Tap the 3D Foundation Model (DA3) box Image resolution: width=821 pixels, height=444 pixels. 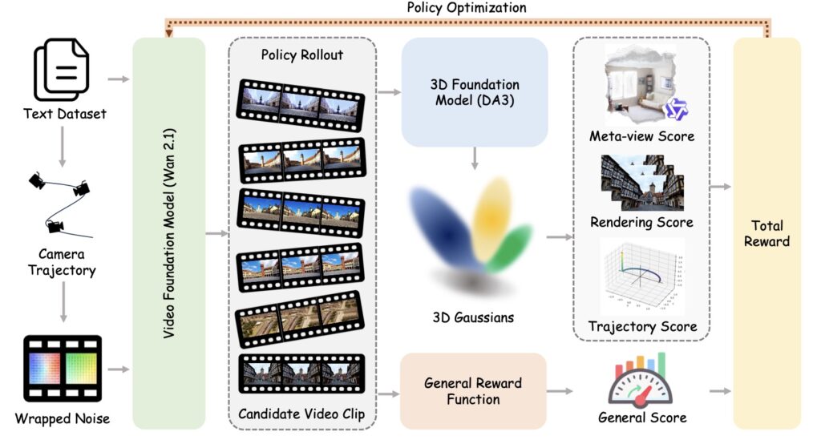[475, 92]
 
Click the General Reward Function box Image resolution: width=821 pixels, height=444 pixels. [473, 390]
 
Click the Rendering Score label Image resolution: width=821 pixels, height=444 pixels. [641, 220]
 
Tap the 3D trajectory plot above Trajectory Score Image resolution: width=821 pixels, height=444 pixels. [641, 276]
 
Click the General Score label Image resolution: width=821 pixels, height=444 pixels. [642, 418]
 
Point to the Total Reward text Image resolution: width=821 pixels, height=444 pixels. [766, 232]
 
